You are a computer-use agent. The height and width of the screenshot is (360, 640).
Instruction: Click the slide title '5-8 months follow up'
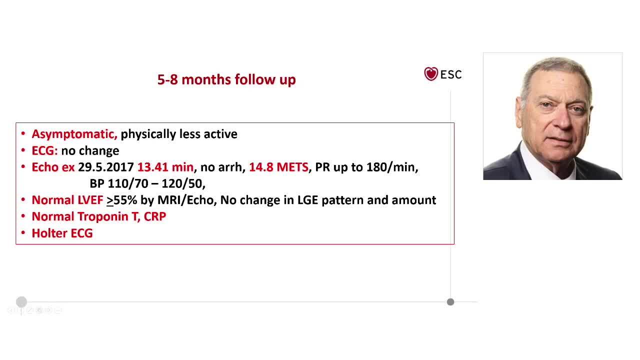pos(226,79)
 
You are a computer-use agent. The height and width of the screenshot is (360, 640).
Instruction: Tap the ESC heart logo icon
pos(431,74)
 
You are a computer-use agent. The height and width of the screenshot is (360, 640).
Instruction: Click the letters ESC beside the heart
pos(451,74)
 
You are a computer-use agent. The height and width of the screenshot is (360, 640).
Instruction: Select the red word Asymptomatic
pos(74,134)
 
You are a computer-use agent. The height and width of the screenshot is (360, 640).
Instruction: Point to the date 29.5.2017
pos(106,167)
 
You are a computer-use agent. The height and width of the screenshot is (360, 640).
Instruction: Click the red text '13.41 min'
pos(165,167)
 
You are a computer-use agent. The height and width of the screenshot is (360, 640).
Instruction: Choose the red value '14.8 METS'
pos(278,167)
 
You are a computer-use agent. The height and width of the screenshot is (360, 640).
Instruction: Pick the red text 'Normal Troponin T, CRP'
pos(99,216)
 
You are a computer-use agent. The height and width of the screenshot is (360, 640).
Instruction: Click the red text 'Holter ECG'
pos(62,233)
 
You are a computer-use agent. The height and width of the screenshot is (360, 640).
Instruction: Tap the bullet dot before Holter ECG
pos(23,233)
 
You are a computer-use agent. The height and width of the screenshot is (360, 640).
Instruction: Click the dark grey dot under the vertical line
pos(450,302)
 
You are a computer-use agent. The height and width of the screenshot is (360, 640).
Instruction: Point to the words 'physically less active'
pos(179,134)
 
